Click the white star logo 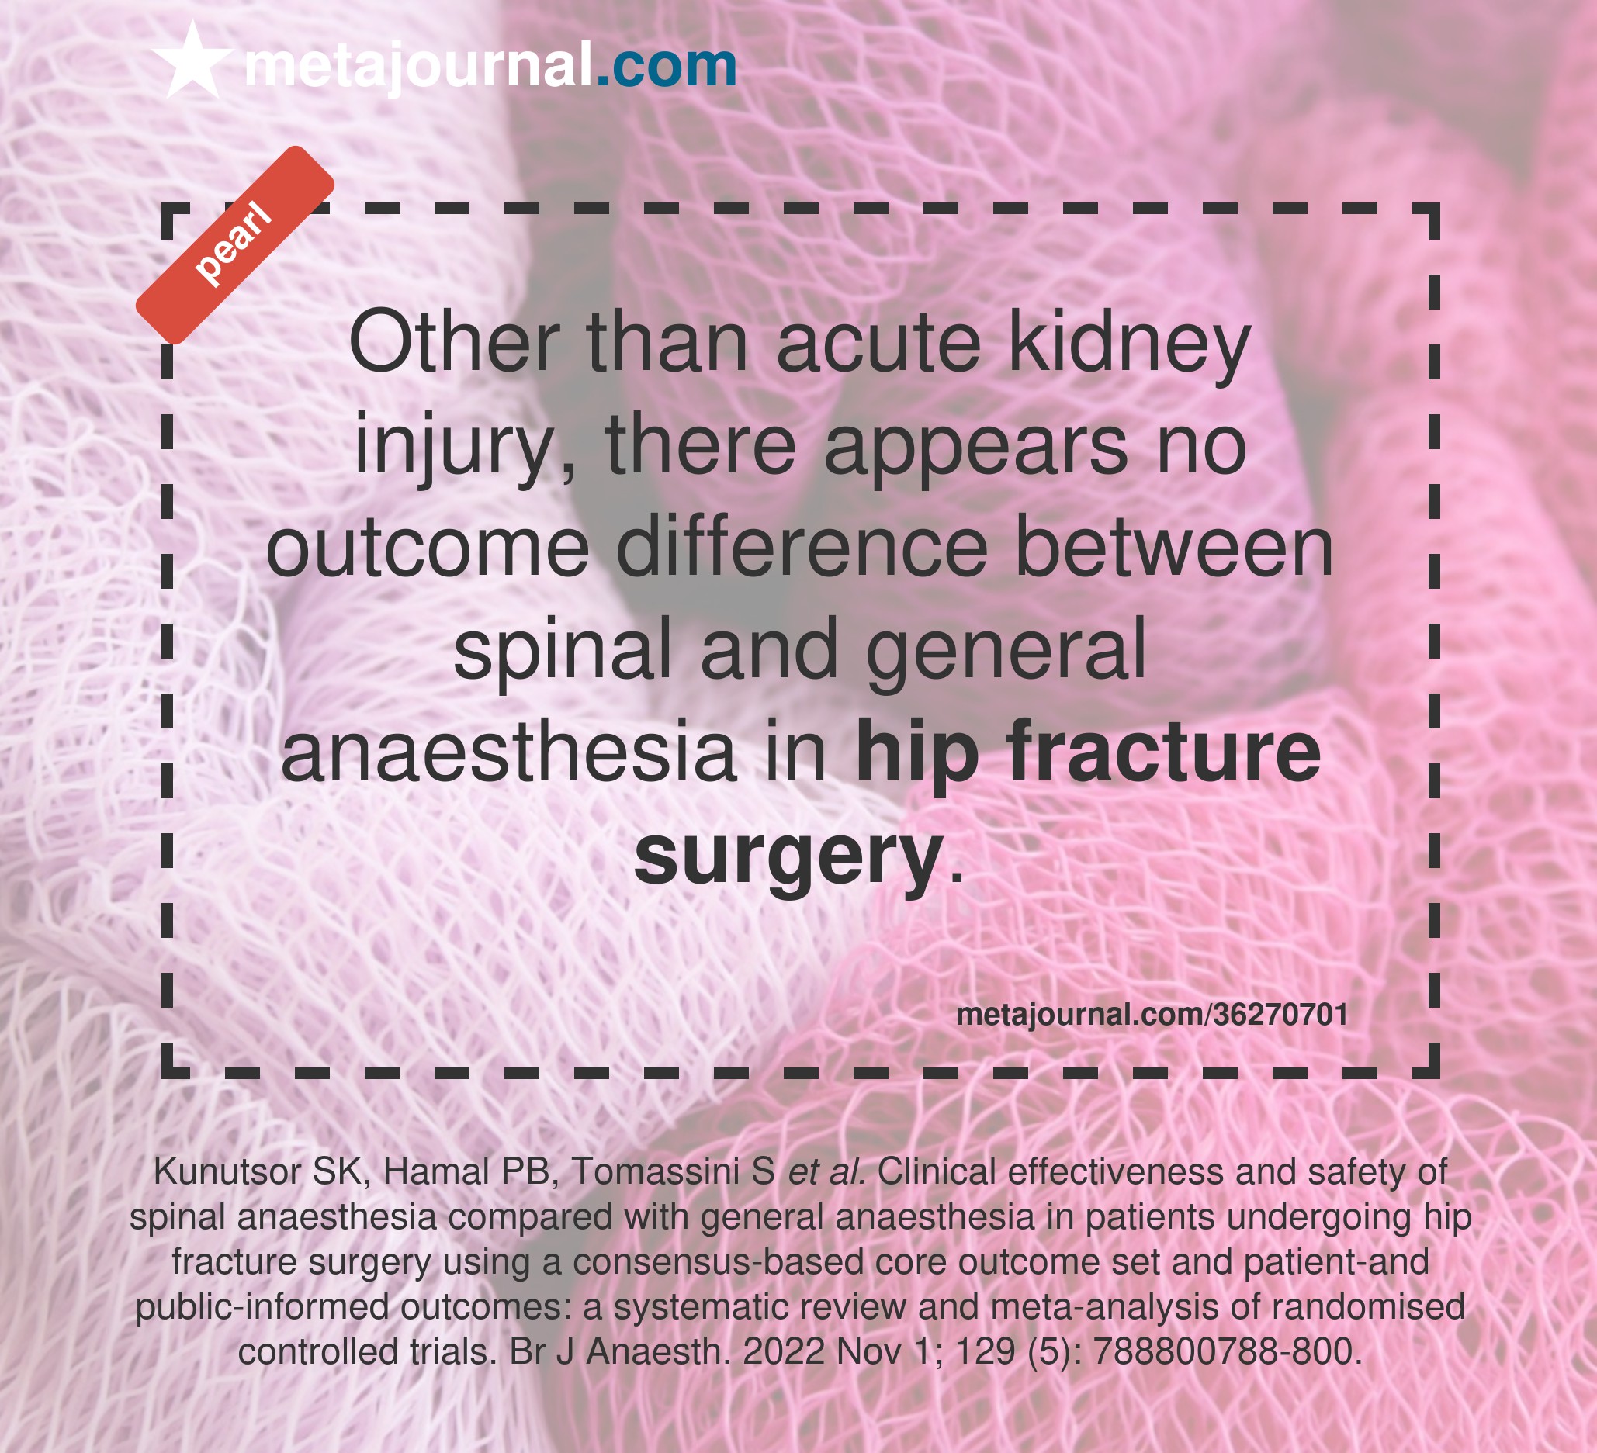(192, 61)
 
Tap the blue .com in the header (666, 66)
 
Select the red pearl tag (235, 244)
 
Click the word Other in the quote (454, 343)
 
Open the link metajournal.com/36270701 (1152, 1015)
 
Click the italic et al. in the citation (828, 1171)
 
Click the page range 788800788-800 (1227, 1351)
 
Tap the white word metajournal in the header (418, 67)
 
